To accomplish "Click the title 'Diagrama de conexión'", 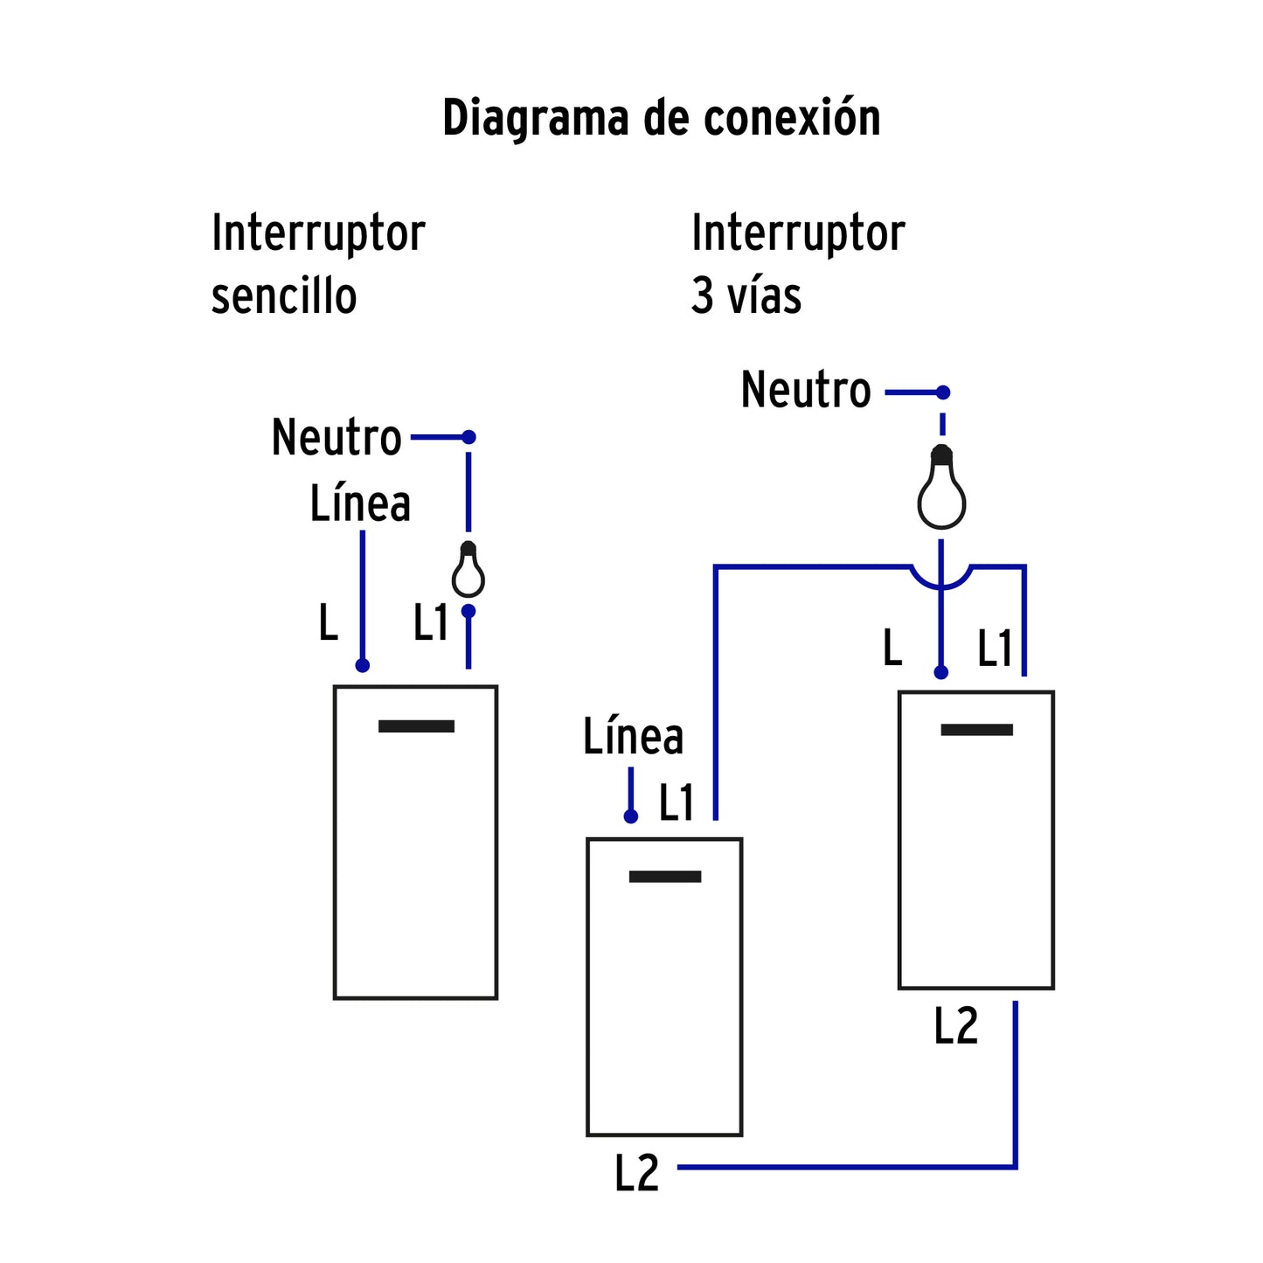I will coord(661,118).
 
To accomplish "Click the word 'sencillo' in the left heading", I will coord(284,296).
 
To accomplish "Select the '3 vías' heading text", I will coord(746,296).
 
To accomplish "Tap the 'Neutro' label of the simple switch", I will coord(337,437).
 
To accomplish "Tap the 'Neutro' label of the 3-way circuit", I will coord(806,390).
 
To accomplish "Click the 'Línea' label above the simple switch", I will coord(360,503).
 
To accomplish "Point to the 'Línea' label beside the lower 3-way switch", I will coord(633,736).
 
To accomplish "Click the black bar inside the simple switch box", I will coord(416,726).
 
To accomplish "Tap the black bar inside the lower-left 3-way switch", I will coord(665,877).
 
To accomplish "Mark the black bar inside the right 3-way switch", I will coord(976,730).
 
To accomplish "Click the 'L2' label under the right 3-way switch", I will coord(955,1026).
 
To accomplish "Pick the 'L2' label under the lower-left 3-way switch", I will coord(636,1173).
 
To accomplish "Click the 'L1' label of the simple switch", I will coord(430,623).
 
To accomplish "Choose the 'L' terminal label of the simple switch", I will coord(328,623).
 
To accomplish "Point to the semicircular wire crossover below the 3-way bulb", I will coord(941,579).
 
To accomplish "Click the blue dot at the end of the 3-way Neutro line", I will coord(942,392).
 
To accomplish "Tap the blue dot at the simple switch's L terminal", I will coord(363,666).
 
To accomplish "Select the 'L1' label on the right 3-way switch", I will coord(994,649).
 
